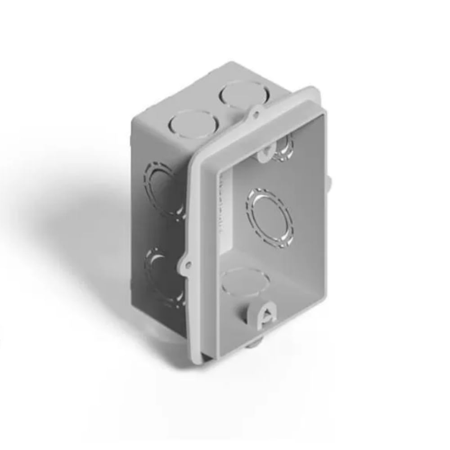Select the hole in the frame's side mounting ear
[x=188, y=265]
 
